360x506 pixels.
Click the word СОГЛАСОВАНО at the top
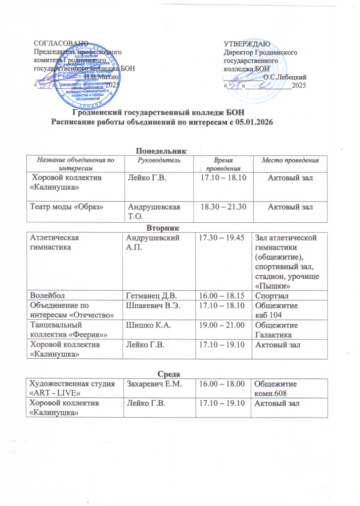coord(61,45)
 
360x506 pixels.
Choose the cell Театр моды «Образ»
coord(67,205)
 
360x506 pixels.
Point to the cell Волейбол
coord(47,295)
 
